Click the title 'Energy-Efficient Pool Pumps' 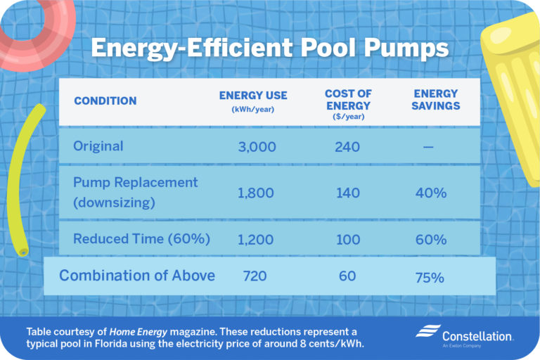click(270, 49)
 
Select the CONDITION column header click(105, 101)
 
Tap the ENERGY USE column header click(253, 101)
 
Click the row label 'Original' click(98, 146)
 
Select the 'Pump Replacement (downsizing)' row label click(135, 192)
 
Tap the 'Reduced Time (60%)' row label click(141, 239)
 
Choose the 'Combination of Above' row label click(137, 276)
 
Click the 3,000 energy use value click(257, 147)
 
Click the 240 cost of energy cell click(348, 147)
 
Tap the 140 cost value click(348, 193)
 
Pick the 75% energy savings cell click(429, 277)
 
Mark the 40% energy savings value click(430, 193)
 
